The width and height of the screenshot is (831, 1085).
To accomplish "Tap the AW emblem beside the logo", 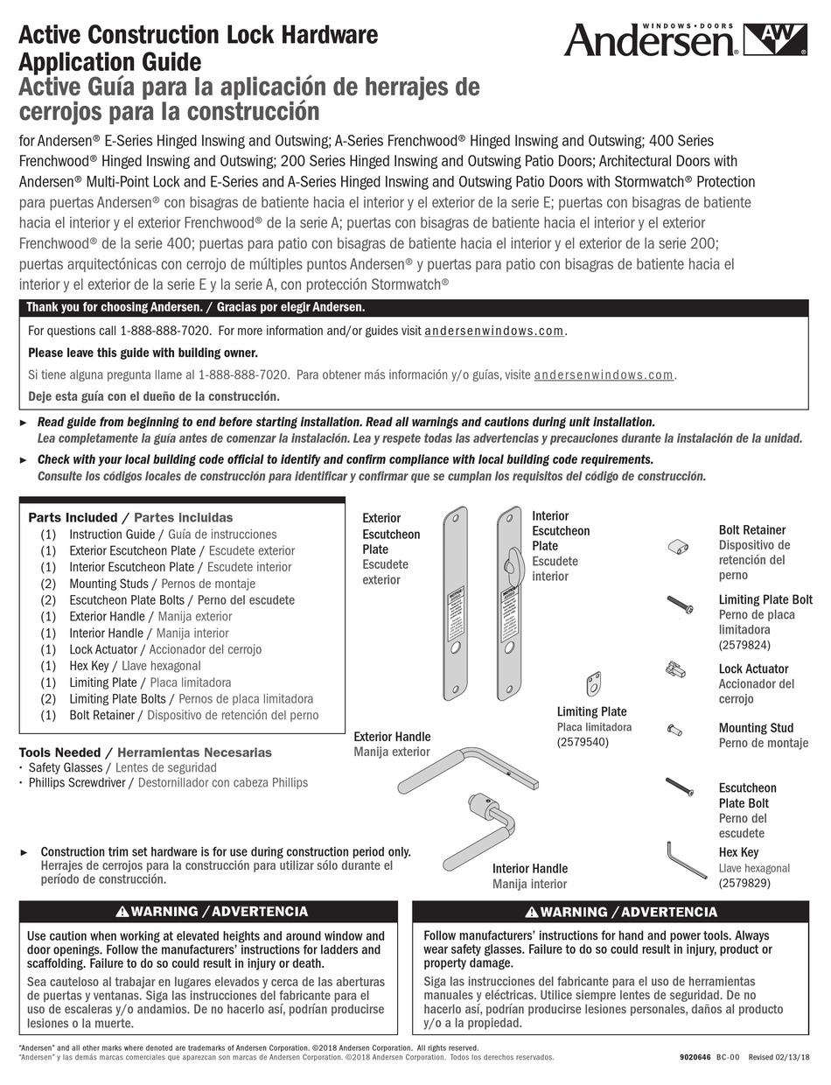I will coord(775,38).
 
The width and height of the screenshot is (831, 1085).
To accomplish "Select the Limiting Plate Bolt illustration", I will coord(680,603).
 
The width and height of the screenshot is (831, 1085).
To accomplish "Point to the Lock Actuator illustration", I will coord(674,670).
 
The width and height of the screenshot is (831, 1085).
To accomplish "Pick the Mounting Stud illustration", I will coord(674,728).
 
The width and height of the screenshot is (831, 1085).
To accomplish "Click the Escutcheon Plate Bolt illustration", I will coord(680,786).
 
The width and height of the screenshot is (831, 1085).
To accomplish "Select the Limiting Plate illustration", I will coord(594,682).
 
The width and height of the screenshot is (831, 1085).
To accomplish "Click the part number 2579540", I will coord(583,742).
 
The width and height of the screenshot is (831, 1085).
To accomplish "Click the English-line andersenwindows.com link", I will coord(494,331).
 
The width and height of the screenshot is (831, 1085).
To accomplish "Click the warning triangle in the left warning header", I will coord(123,912).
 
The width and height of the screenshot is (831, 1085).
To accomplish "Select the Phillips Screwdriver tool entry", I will coord(77,782).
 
